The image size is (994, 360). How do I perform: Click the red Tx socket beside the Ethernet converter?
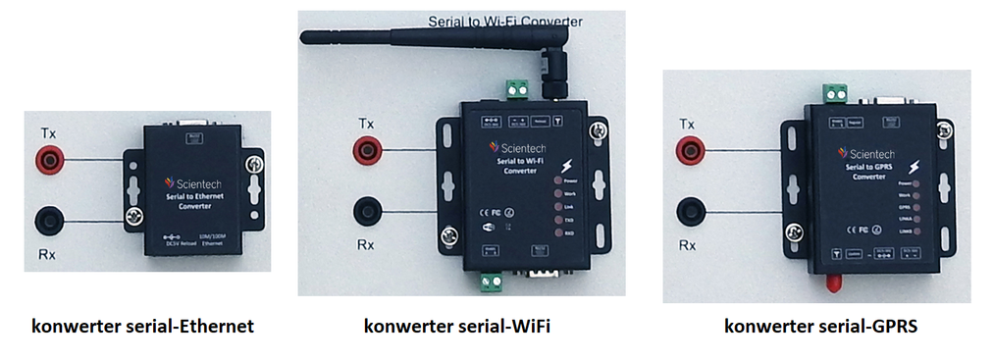click(x=48, y=157)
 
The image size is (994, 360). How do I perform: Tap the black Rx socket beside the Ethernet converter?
click(x=48, y=220)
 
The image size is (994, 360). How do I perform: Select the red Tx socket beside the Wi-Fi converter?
click(x=369, y=149)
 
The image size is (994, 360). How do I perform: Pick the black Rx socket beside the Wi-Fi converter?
click(x=369, y=210)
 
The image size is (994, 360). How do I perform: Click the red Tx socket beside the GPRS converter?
click(x=693, y=149)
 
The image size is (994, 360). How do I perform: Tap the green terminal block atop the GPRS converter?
click(x=836, y=93)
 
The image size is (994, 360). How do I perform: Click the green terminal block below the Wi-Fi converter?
click(x=491, y=283)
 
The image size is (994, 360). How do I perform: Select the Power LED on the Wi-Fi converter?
click(x=556, y=181)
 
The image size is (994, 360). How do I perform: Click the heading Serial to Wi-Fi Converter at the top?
click(x=505, y=21)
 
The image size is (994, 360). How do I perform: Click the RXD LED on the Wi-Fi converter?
click(x=556, y=234)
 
